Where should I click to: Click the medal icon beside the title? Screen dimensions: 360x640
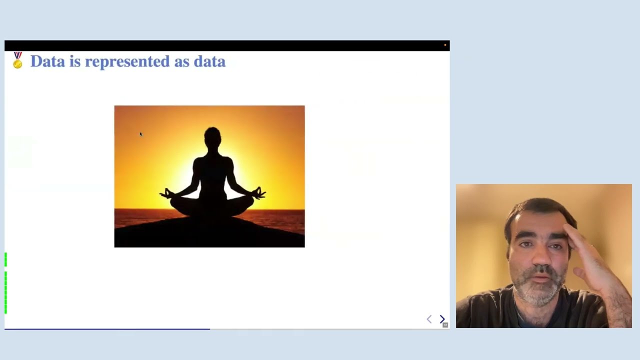17,60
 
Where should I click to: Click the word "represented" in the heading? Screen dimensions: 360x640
127,61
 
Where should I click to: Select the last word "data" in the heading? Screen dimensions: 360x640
209,61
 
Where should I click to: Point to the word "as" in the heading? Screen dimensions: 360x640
181,61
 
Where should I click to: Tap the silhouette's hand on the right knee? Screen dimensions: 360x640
259,193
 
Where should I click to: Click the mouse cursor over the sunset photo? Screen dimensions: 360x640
141,134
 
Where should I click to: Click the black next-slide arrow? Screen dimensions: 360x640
442,319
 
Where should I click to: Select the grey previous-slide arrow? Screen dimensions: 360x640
429,319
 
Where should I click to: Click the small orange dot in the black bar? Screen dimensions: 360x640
445,45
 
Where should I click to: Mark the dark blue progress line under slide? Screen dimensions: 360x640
107,329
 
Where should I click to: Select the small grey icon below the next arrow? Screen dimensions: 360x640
445,325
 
